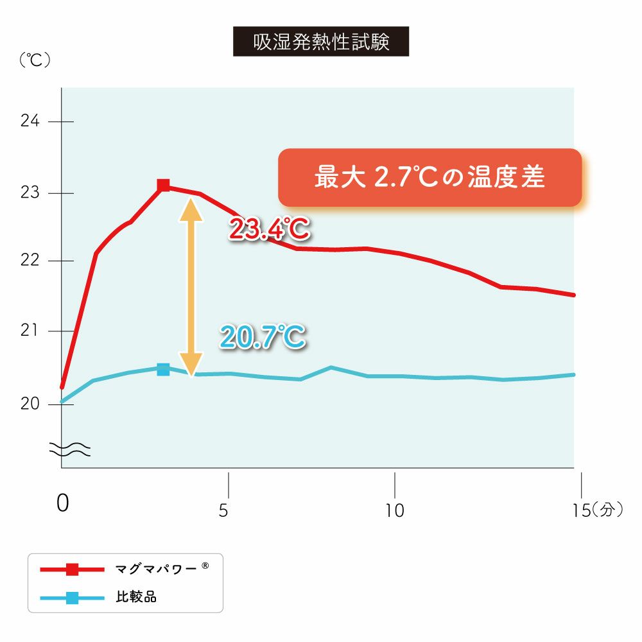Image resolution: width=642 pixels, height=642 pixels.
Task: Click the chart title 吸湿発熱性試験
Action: click(320, 42)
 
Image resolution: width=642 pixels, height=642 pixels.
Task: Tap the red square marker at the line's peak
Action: click(164, 186)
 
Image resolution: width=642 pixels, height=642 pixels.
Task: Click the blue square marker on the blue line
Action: click(163, 369)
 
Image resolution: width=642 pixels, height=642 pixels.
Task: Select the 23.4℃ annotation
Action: click(268, 229)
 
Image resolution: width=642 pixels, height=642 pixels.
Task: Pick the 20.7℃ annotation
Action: click(262, 337)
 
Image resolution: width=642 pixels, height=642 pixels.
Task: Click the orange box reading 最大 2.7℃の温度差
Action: click(429, 178)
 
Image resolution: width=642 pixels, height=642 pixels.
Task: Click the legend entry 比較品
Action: click(135, 597)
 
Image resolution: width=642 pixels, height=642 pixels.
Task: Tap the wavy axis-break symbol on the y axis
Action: click(70, 450)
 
